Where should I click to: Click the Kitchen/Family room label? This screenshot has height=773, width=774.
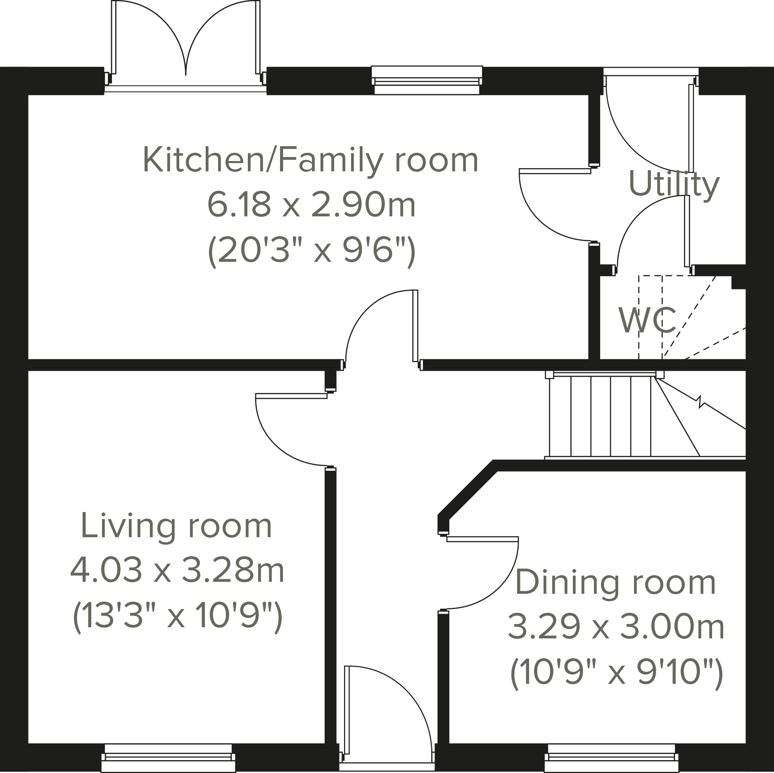pyautogui.click(x=311, y=161)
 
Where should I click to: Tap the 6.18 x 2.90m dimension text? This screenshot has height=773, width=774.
pyautogui.click(x=311, y=205)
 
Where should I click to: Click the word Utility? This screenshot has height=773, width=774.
pyautogui.click(x=674, y=184)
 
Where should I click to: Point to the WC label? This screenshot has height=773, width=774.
pyautogui.click(x=647, y=320)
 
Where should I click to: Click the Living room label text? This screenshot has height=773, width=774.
pyautogui.click(x=177, y=526)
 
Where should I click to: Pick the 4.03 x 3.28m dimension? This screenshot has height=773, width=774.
pyautogui.click(x=178, y=570)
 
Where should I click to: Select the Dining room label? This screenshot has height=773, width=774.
pyautogui.click(x=616, y=582)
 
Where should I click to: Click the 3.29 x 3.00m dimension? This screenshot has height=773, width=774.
pyautogui.click(x=616, y=627)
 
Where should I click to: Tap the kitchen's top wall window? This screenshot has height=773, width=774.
pyautogui.click(x=427, y=80)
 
